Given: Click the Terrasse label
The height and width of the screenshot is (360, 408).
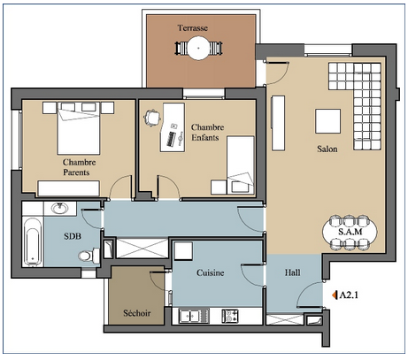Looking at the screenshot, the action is click(x=193, y=28).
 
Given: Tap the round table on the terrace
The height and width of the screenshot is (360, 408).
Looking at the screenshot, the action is click(x=198, y=48).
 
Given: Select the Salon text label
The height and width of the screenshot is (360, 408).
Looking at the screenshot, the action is click(x=327, y=149).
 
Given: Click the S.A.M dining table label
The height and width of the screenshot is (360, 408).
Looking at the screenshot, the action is click(x=350, y=232).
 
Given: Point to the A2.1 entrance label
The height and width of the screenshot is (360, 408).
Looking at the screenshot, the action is click(x=349, y=295).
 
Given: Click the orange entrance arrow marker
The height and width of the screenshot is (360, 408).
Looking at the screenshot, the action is click(x=335, y=295).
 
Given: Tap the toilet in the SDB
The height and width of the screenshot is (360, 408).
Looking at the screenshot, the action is click(x=89, y=255).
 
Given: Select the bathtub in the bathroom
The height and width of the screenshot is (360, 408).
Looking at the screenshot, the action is click(x=32, y=241).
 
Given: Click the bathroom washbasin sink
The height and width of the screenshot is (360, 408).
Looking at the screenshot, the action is click(x=60, y=209).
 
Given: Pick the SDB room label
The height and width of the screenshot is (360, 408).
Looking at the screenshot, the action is click(x=73, y=236).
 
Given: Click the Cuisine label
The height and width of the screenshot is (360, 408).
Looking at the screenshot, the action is click(x=211, y=272).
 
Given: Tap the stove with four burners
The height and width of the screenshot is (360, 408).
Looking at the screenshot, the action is click(x=230, y=316).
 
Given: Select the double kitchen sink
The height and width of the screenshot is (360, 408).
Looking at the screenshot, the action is click(x=190, y=316).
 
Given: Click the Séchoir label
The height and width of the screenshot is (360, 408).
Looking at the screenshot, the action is click(x=137, y=313).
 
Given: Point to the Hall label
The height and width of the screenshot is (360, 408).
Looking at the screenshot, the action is click(x=293, y=272).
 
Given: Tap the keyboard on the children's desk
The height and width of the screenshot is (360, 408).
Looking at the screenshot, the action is click(x=171, y=139).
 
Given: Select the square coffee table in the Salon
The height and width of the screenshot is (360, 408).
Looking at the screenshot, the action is click(x=327, y=121).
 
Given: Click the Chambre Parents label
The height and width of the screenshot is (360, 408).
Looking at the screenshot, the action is click(x=79, y=167).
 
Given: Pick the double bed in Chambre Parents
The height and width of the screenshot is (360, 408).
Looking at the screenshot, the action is click(x=79, y=128).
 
